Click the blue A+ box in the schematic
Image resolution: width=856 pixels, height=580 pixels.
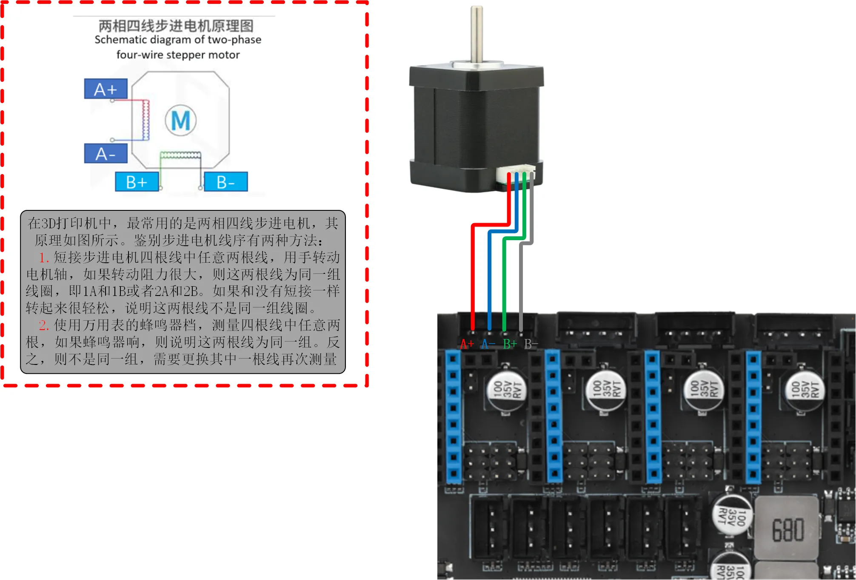[x=106, y=89]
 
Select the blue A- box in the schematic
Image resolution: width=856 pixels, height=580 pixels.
[x=106, y=153]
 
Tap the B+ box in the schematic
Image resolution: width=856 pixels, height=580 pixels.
[x=137, y=182]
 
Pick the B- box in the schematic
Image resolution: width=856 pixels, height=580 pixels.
[x=225, y=182]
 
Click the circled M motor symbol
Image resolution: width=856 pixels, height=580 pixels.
[x=181, y=121]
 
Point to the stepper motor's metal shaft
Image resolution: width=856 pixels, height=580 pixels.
[x=477, y=34]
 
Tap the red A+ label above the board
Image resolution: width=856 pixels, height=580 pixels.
[x=467, y=344]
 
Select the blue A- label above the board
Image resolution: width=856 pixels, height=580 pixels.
[x=488, y=344]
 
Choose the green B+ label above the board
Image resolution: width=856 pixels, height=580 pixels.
[x=510, y=344]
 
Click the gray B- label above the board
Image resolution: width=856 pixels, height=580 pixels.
[x=531, y=344]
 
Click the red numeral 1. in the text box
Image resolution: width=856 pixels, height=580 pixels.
[x=44, y=258]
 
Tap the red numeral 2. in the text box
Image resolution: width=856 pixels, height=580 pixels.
[x=44, y=326]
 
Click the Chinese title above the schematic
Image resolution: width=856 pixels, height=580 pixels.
[x=176, y=26]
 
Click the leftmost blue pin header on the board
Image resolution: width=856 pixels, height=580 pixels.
[x=453, y=415]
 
